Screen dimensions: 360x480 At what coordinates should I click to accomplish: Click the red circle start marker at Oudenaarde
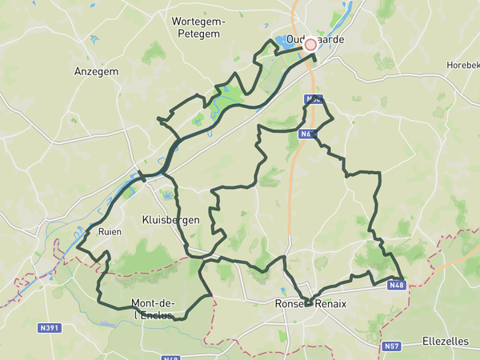tap(310, 45)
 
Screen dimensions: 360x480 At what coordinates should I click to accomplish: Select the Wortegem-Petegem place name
tap(199, 27)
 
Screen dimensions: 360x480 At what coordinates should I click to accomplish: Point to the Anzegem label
tap(96, 71)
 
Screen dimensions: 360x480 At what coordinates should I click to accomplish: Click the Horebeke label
tap(463, 64)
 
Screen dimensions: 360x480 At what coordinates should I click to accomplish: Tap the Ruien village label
tap(109, 231)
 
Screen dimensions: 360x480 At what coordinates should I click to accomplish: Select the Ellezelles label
tap(446, 341)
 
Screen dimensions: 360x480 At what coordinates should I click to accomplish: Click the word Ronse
tap(288, 304)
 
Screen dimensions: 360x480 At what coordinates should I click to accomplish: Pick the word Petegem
tap(199, 34)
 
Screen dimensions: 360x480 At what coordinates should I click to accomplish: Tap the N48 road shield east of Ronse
tap(398, 286)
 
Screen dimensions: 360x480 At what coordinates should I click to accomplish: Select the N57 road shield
tap(391, 346)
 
